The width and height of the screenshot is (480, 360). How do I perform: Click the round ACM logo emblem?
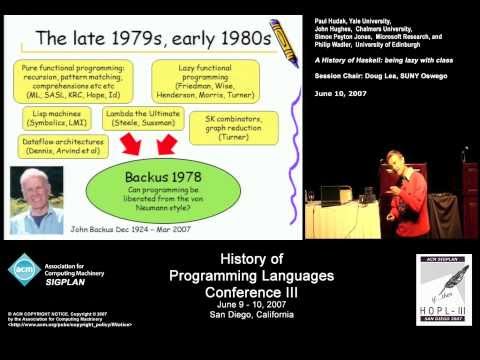point(23,271)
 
